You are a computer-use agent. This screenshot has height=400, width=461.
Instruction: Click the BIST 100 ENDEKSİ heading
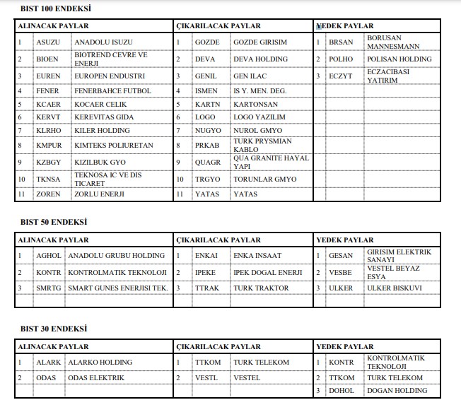56,8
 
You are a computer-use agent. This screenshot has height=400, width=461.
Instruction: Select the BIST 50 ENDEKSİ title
54,222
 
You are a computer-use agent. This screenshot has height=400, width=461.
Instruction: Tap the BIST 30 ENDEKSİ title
54,329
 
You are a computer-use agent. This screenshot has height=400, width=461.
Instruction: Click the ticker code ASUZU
49,42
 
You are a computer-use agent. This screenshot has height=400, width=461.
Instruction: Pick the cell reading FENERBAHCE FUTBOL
113,91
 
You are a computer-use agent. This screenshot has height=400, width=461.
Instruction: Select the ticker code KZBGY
49,162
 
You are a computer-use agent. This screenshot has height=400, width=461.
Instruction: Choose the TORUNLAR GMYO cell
265,180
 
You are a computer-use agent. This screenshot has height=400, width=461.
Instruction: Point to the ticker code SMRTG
49,288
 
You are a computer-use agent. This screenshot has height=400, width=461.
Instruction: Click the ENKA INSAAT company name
257,255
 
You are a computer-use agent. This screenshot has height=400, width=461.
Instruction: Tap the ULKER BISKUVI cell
395,288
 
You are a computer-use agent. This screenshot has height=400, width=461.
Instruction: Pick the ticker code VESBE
341,272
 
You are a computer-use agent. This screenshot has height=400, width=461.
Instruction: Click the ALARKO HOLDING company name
100,363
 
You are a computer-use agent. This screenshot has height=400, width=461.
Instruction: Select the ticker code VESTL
208,378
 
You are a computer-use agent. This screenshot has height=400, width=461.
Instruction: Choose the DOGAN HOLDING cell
397,391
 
